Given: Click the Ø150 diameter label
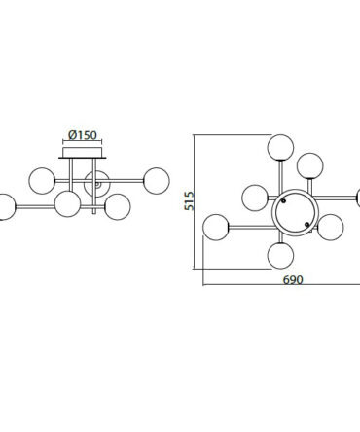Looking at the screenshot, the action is pos(83,135).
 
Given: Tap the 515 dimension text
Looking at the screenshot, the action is pos(189,200).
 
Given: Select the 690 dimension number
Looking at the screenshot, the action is pos(293,279).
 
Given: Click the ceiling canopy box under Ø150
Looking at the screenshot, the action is pos(83,152).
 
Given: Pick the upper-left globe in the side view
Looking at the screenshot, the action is pos(42,181).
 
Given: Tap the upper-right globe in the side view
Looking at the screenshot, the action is pos(157,181).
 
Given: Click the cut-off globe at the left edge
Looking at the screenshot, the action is pos(7,207).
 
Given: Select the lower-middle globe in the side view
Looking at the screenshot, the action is pos(67,204).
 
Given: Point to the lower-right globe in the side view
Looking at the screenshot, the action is pos(118,207).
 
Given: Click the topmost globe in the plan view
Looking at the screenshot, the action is pos(280,147).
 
